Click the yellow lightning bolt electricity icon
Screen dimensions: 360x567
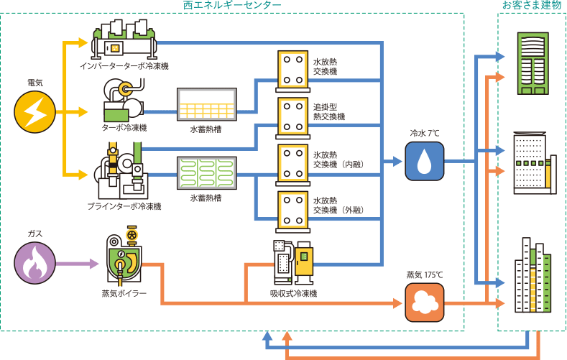pos(34,113)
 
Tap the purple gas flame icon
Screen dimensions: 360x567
pos(34,264)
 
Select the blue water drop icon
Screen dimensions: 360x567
pos(424,161)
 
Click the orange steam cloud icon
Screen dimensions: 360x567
pos(424,303)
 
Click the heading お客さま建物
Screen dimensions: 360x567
pos(531,6)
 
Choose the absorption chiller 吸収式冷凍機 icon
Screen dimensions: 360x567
pos(293,262)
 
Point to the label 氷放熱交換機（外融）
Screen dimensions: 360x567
pos(338,206)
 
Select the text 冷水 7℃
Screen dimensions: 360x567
pos(424,133)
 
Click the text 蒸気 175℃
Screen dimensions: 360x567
pos(425,274)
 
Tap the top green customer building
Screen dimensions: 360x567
pos(533,64)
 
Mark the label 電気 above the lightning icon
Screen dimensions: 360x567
pos(34,83)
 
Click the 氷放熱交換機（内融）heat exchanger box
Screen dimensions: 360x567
pos(292,164)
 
